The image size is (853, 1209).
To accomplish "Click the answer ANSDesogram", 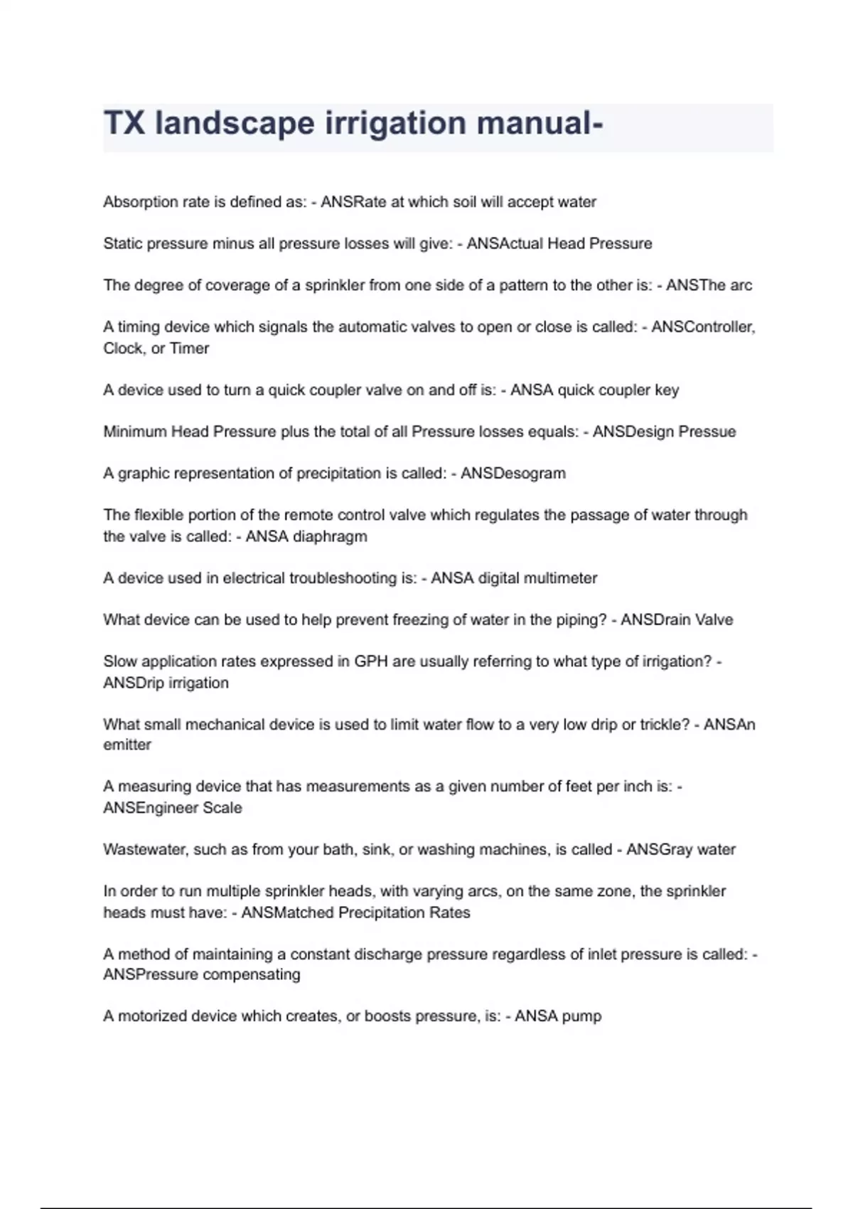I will pos(513,474).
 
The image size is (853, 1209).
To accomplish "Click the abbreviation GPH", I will pos(370,661).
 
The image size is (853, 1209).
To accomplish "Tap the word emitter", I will pos(127,745).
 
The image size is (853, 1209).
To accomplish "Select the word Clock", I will pos(124,348).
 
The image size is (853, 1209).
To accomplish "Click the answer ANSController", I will pos(702,327).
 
